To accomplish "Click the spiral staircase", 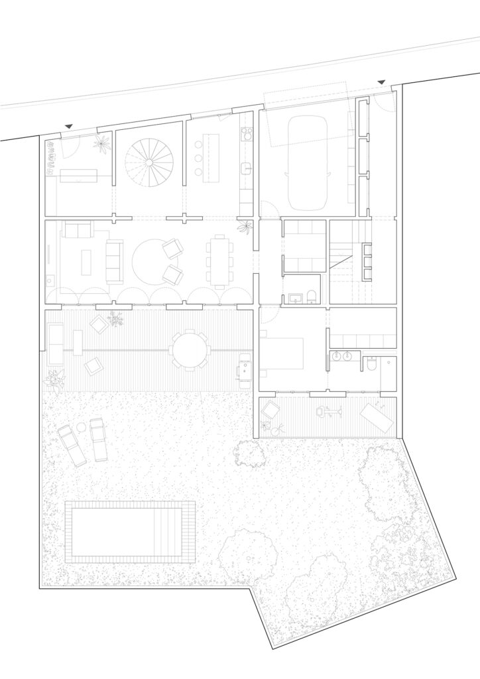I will click(149, 161).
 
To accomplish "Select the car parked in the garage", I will click(307, 161).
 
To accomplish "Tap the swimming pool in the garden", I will click(130, 532).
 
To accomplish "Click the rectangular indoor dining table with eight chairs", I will click(220, 260).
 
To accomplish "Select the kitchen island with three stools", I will click(211, 158).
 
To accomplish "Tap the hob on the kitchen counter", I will click(247, 135).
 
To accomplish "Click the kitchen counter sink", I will click(246, 168).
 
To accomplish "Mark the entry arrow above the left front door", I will click(69, 126).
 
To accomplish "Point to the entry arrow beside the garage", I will click(381, 82).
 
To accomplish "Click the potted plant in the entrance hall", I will click(101, 143).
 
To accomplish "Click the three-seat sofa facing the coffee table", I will click(115, 261).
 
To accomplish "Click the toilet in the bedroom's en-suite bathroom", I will click(371, 364).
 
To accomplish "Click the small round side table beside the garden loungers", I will click(81, 427).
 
